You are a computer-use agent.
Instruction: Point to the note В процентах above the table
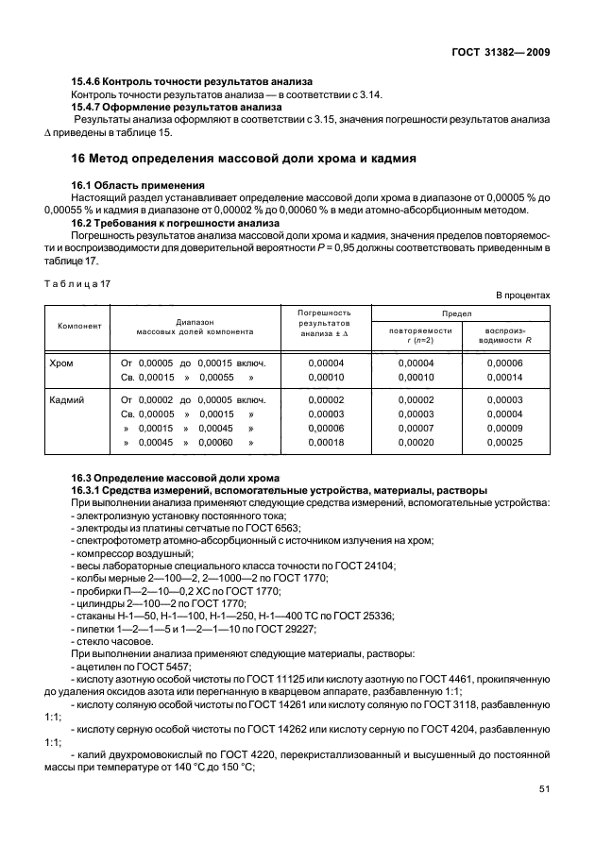pos(522,296)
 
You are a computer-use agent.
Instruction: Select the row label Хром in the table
pos(60,363)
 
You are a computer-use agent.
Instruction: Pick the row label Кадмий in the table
pos(66,400)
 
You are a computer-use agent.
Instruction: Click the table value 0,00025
pos(505,441)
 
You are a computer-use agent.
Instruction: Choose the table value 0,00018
pos(327,441)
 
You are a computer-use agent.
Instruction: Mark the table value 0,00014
pos(505,376)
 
